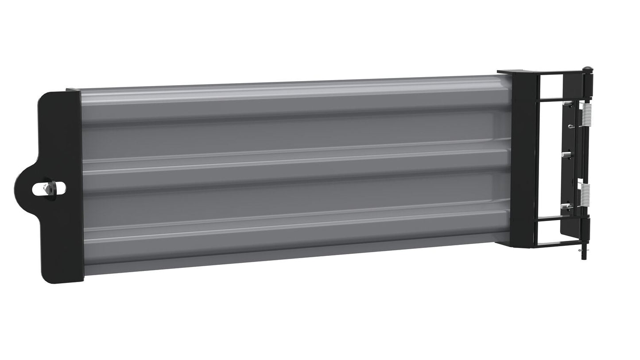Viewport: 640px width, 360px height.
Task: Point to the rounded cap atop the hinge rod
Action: (x=588, y=69)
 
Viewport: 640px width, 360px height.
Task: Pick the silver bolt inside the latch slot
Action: (x=47, y=188)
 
